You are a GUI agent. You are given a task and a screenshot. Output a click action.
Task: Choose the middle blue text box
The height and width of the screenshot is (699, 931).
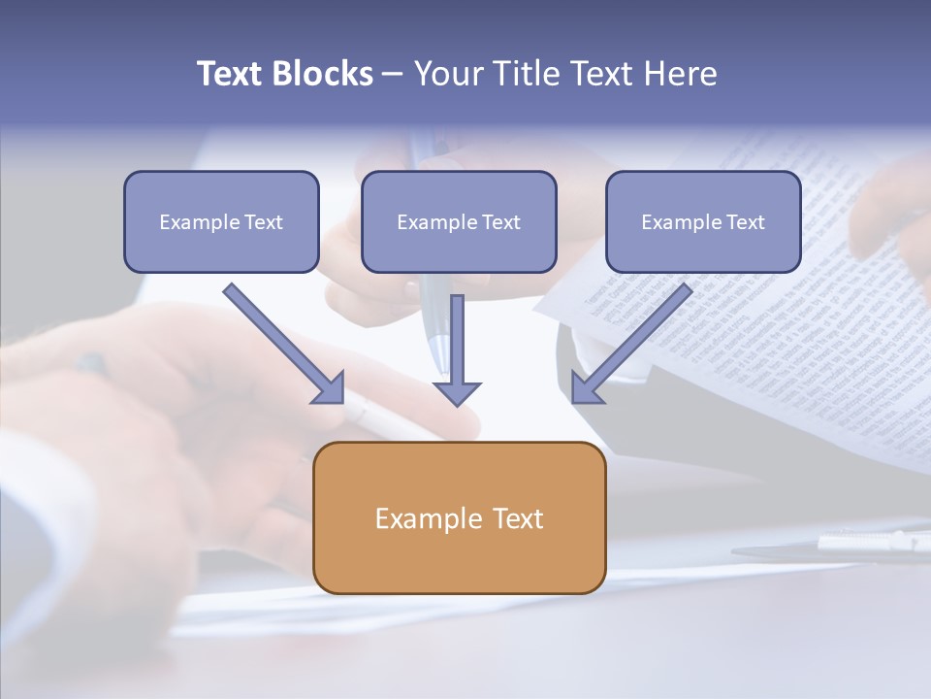[x=459, y=249]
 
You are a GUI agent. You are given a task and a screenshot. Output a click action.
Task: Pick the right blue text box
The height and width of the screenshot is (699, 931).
[x=703, y=249]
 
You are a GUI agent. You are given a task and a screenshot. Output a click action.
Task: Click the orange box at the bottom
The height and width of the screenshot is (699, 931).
[x=459, y=558]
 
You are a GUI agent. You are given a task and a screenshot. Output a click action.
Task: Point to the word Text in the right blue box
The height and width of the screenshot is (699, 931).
[x=746, y=222]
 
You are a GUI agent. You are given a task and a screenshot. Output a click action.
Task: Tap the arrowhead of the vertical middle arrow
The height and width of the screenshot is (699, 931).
[x=457, y=393]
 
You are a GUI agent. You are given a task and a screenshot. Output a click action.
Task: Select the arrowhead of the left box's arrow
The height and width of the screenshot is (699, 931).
[x=330, y=388]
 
